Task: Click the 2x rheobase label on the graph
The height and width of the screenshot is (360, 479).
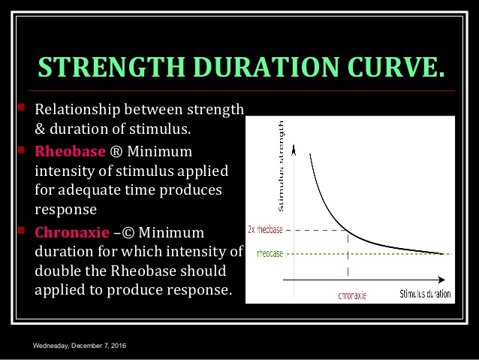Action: pos(266,230)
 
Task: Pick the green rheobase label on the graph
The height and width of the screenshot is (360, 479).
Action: pos(270,254)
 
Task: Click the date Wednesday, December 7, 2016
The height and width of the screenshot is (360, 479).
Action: pos(79,345)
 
